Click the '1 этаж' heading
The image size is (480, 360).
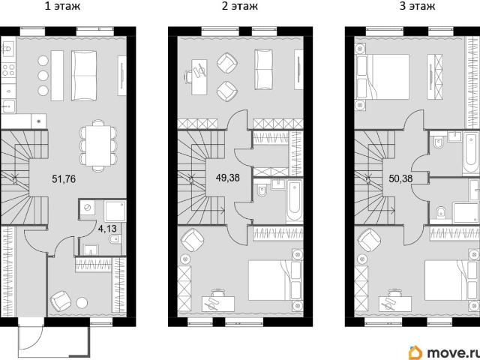pos(62,6)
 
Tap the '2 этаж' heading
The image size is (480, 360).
pos(240,6)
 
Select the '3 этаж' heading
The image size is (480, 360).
pos(417,6)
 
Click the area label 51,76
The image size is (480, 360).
pos(64,178)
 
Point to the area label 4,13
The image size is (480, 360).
pos(107,229)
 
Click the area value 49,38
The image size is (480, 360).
pos(228,178)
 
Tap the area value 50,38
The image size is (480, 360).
pos(400,178)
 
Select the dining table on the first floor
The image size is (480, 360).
pos(98,145)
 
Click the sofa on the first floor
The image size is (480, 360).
pos(84,76)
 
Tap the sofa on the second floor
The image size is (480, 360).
pos(263,70)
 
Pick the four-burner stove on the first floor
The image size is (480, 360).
pos(8,70)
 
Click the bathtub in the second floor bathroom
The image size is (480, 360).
pos(295,201)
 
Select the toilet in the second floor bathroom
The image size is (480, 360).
pos(262,191)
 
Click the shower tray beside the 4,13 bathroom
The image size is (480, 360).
pos(115,211)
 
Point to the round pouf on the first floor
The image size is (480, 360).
pos(82,303)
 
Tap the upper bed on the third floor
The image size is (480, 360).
pos(382,76)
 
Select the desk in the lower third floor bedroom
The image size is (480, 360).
pos(395,304)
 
